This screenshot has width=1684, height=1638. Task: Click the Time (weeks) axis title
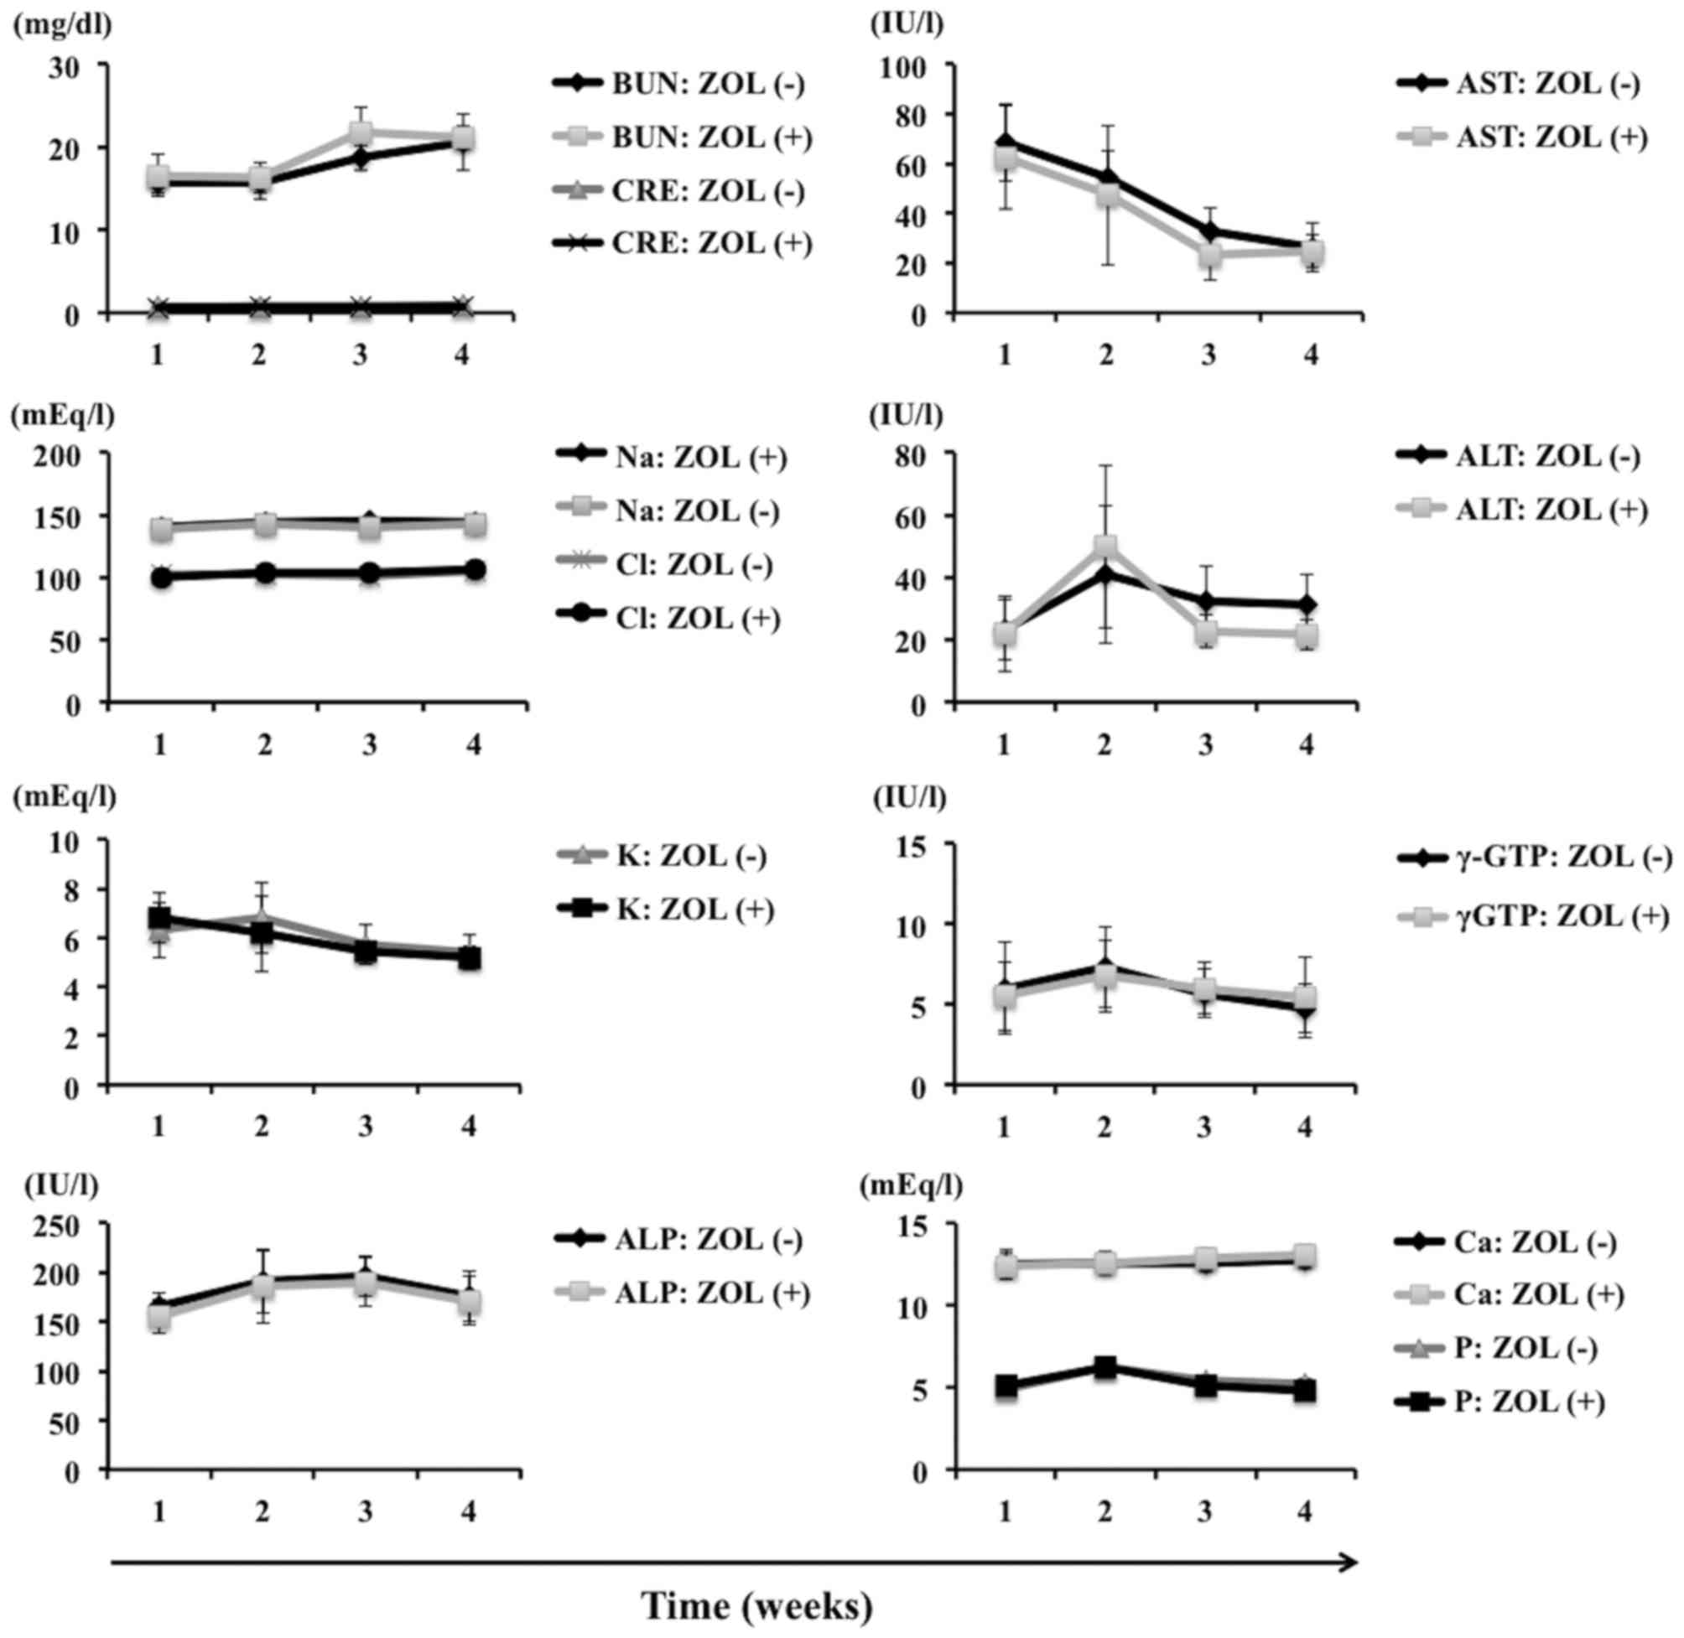tap(757, 1607)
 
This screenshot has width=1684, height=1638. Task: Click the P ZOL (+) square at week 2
tap(1105, 1366)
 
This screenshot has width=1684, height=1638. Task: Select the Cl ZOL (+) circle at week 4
tap(474, 569)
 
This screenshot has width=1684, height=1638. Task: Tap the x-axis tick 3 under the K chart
tap(366, 1126)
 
